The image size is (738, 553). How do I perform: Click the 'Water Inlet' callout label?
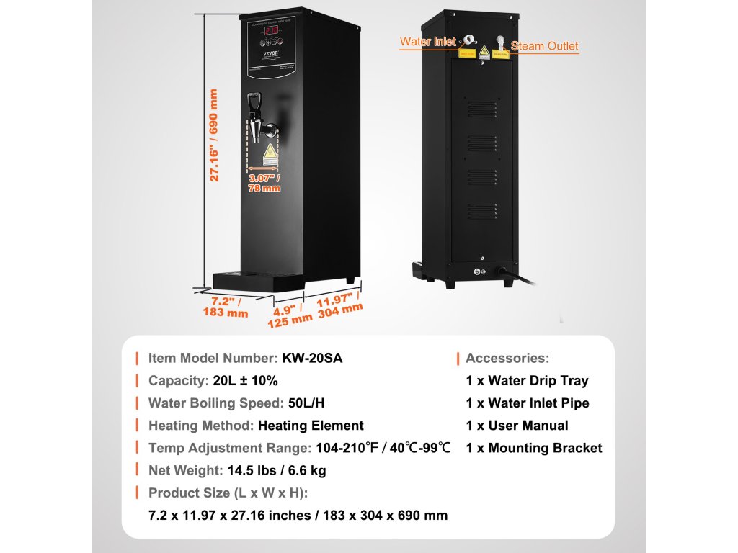click(x=428, y=42)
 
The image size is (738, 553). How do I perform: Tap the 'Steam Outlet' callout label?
click(x=545, y=46)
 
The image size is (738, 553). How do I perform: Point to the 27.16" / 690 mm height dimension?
click(x=213, y=135)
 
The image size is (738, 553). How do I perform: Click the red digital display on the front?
click(x=272, y=32)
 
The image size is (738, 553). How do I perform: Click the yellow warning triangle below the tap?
click(x=270, y=152)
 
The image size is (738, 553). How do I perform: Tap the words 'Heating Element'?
click(x=311, y=426)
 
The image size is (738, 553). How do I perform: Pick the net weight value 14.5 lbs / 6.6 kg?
click(x=276, y=470)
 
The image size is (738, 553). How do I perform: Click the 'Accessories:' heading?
click(x=507, y=359)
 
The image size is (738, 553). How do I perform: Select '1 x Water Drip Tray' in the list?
click(x=527, y=381)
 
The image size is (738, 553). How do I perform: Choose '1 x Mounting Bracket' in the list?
click(x=534, y=448)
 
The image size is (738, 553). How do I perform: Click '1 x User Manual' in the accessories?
click(x=517, y=426)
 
